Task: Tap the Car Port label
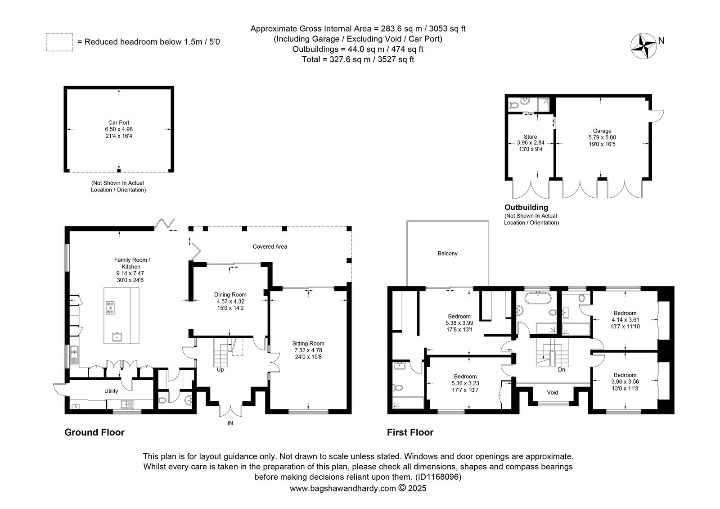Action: tap(119, 123)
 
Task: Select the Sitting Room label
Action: tap(308, 343)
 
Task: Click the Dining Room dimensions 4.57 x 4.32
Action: tap(230, 301)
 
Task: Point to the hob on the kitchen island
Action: tap(110, 307)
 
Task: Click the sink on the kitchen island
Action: tap(117, 337)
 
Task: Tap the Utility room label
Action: tap(111, 391)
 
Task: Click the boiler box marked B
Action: tap(76, 407)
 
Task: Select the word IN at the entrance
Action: tap(230, 423)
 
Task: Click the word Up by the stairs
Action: tap(220, 370)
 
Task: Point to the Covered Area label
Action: tap(270, 247)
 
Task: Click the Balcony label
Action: tap(447, 254)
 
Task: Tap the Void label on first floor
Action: tap(553, 392)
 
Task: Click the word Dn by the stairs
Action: tap(562, 370)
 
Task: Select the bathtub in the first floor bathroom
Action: tap(538, 298)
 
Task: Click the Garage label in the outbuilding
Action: tap(602, 131)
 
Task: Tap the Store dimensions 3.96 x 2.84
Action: tap(531, 142)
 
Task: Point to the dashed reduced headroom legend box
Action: tap(59, 42)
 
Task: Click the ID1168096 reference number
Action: tap(438, 477)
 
